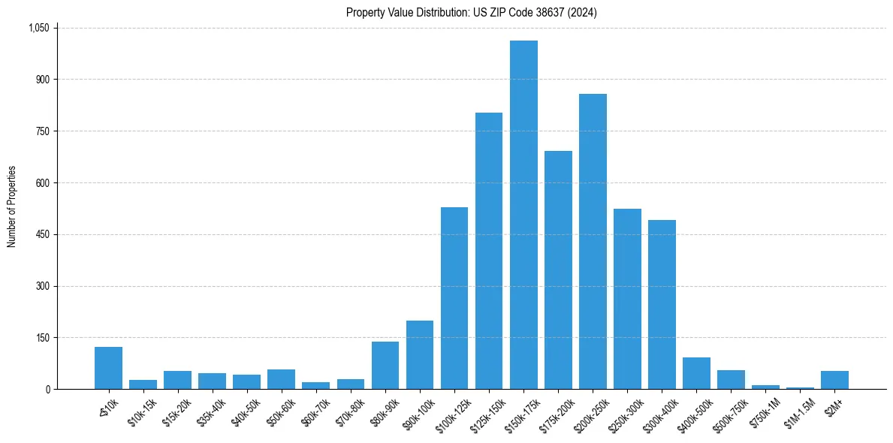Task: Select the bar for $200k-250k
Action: [x=593, y=241]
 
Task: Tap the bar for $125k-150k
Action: [x=489, y=251]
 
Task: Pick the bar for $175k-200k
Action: [x=558, y=270]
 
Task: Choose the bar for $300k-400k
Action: [x=662, y=304]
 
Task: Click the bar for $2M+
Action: [x=834, y=380]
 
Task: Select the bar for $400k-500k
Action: [x=696, y=373]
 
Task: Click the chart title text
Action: [x=472, y=13]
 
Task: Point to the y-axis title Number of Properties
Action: [x=12, y=206]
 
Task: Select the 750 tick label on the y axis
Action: [x=42, y=131]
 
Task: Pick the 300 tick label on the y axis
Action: [x=42, y=286]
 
